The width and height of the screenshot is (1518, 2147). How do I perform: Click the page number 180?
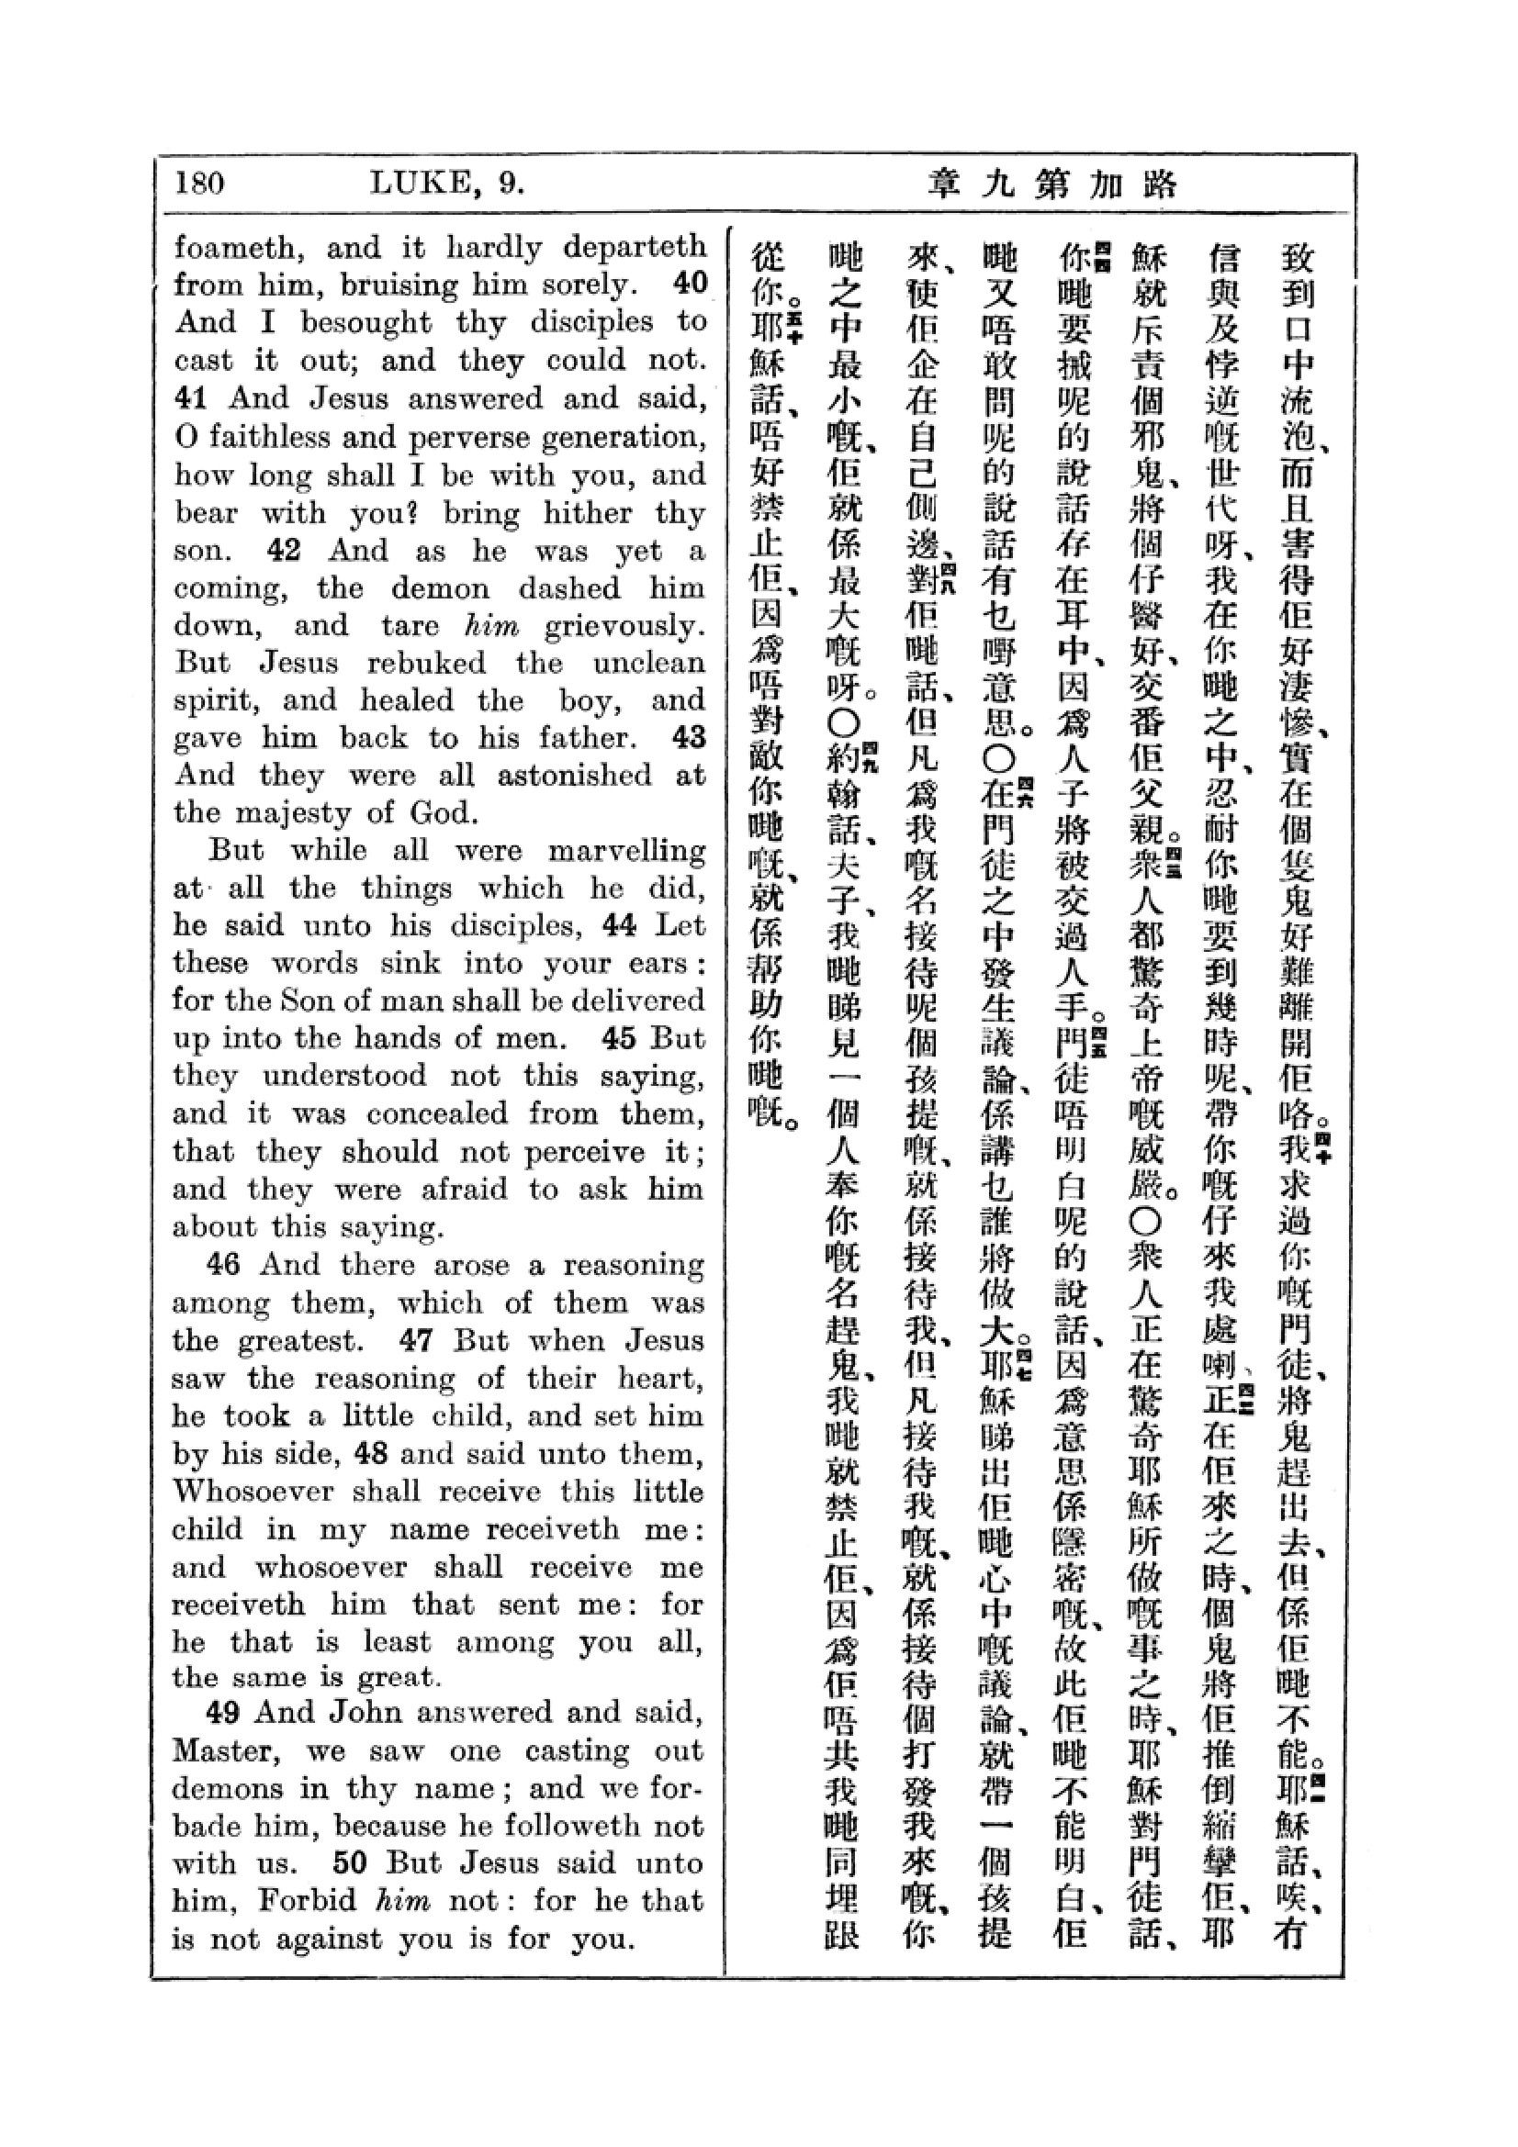click(x=199, y=182)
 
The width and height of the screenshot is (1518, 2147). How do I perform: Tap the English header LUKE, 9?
click(x=447, y=182)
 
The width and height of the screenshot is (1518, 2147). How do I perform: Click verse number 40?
click(x=690, y=283)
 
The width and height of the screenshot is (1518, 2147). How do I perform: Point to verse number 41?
click(x=191, y=397)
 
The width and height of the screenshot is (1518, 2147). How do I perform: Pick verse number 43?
click(x=689, y=737)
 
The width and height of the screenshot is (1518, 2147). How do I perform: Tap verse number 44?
click(x=619, y=925)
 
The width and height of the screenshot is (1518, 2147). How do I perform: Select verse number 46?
click(x=223, y=1264)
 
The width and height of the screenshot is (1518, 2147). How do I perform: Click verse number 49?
click(x=223, y=1712)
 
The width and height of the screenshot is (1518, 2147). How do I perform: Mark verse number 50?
click(x=349, y=1862)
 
